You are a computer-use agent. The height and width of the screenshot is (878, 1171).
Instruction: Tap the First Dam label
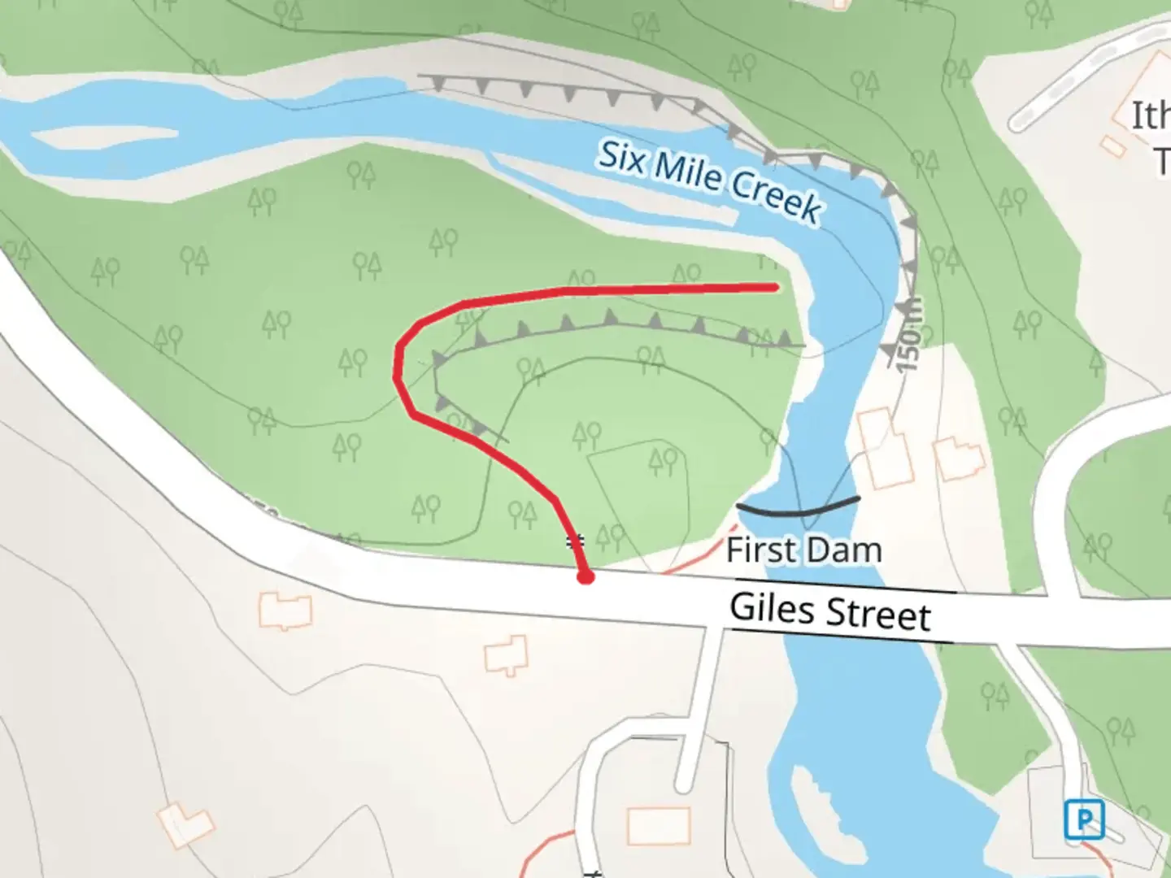pos(803,550)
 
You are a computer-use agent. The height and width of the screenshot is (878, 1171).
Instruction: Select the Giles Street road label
pos(829,611)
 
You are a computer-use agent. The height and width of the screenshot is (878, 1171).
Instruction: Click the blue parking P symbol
pos(1084,819)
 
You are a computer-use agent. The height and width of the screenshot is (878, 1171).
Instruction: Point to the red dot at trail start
pos(585,577)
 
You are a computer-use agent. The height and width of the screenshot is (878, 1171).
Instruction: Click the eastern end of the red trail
pos(777,286)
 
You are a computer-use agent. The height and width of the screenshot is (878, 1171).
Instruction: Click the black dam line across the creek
pos(798,510)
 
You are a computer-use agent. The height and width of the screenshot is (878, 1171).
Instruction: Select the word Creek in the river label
pos(777,195)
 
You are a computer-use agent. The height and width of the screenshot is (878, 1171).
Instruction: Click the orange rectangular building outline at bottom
pos(659,826)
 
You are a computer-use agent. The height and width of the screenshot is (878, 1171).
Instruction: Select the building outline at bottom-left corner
pos(185,824)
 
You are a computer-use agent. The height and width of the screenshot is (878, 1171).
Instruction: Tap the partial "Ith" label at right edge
pos(1150,115)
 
